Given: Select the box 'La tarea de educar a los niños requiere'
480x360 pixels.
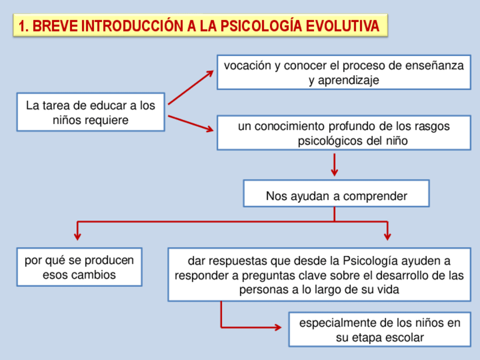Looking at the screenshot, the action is [91, 112].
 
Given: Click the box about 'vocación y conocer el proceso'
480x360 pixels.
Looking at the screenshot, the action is [344, 72].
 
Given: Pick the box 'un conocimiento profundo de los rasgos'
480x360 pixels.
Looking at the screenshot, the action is [344, 133].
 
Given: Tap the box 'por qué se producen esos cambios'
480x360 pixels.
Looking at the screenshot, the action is [79, 267].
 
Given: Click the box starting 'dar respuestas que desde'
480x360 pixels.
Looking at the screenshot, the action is [319, 275].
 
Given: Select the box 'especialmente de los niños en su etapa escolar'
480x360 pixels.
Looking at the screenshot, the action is [379, 329].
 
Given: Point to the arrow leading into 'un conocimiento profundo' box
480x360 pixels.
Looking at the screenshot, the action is [191, 123].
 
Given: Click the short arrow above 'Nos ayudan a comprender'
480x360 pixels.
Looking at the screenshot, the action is [335, 165].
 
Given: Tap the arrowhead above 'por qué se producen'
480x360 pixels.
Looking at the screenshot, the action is [78, 234].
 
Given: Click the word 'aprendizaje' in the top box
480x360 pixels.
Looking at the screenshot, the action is [344, 80].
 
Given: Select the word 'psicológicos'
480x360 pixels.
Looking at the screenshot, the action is [330, 141].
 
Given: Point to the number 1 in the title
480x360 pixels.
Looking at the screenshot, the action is [22, 27].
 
